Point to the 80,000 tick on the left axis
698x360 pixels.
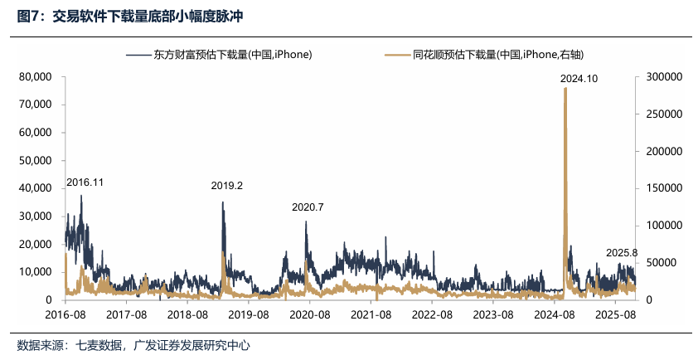[36, 76]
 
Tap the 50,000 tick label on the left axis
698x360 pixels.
[36, 160]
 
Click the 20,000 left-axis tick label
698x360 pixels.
[36, 244]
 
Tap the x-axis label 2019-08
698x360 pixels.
[249, 315]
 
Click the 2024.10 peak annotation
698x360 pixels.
[579, 78]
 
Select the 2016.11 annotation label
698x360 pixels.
[85, 182]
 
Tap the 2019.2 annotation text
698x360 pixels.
[226, 187]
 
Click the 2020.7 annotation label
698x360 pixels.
[308, 207]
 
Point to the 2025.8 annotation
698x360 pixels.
[622, 253]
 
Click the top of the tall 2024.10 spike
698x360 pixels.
[565, 89]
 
